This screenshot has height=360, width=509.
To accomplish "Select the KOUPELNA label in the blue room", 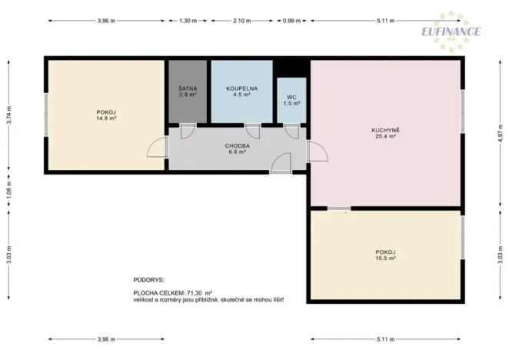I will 241,88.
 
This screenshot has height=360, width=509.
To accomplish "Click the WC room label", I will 291,98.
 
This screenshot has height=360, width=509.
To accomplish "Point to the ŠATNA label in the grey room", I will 187,88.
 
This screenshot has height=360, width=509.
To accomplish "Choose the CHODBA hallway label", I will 237,145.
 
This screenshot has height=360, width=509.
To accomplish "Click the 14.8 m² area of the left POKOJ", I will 106,118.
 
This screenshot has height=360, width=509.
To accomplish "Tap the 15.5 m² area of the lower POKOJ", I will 385,258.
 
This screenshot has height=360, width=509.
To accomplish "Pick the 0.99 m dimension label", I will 291,21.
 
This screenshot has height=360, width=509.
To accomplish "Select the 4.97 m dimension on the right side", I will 501,130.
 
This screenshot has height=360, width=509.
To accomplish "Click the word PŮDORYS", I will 148,281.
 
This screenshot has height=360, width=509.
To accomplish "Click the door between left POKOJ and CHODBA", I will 159,148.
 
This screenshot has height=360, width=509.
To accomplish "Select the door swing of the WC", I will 291,132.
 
